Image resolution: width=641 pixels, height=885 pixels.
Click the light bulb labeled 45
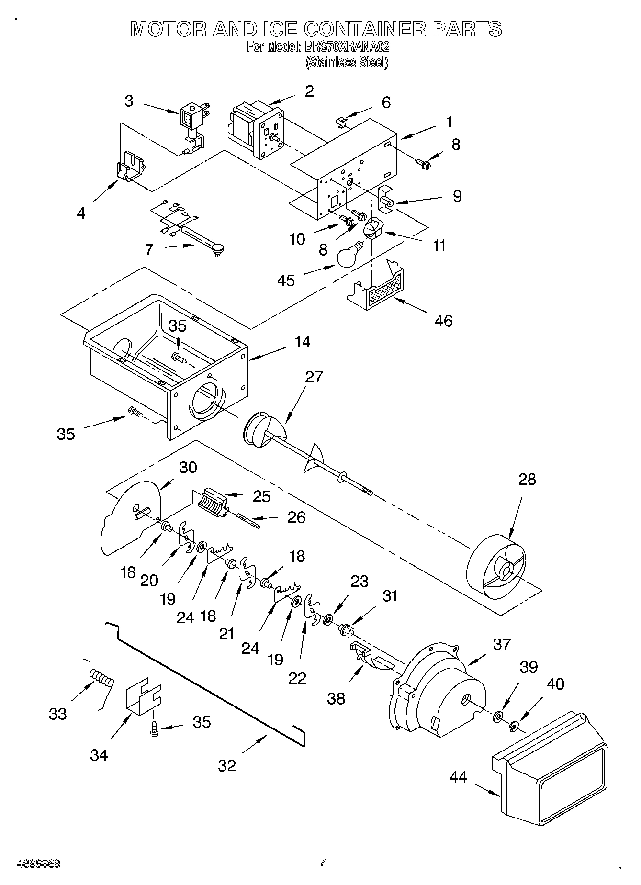coord(350,256)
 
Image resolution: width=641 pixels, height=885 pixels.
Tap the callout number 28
coord(527,479)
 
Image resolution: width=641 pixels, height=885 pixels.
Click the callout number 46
coord(443,320)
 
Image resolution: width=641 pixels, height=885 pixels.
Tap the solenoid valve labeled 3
coord(191,127)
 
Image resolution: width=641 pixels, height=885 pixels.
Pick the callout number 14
coord(302,342)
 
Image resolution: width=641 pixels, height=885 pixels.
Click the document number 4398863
coord(38,864)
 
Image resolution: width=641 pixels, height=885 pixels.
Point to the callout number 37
coord(502,645)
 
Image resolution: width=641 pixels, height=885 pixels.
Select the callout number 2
coord(309,91)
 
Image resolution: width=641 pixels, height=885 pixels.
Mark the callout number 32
coord(227,765)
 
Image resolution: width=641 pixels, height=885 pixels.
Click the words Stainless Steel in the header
coord(346,62)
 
